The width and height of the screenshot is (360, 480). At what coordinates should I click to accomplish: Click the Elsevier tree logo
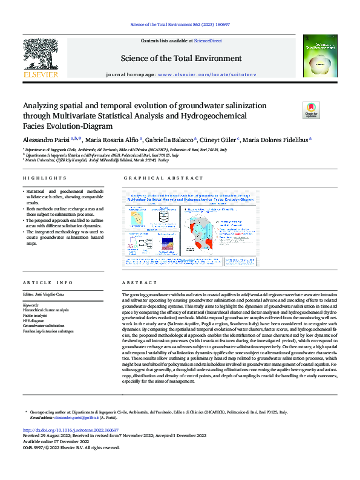pyautogui.click(x=41, y=58)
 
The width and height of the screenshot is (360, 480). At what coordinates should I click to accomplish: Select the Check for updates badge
pyautogui.click(x=311, y=110)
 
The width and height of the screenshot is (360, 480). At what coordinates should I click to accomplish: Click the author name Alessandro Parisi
pyautogui.click(x=42, y=139)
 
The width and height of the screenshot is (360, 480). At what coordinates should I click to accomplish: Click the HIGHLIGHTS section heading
pyautogui.click(x=44, y=178)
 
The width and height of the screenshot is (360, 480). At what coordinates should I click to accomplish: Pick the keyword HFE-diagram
pyautogui.click(x=35, y=320)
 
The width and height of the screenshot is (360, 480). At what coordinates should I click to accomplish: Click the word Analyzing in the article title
pyautogui.click(x=44, y=104)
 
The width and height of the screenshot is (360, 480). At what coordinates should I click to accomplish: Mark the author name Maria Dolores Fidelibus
pyautogui.click(x=279, y=139)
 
